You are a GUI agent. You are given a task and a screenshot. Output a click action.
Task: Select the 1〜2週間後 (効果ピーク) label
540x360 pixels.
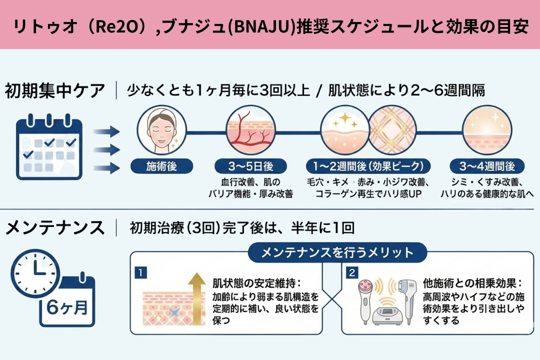tap(365, 166)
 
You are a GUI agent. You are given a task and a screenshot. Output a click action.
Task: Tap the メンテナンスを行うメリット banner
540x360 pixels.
tap(337, 252)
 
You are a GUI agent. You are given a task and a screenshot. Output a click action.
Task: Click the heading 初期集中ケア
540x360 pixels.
tap(55, 91)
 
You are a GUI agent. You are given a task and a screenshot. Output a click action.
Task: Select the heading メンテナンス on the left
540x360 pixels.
tap(55, 227)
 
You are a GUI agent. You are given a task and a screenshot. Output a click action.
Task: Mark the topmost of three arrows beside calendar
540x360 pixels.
tap(107, 131)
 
